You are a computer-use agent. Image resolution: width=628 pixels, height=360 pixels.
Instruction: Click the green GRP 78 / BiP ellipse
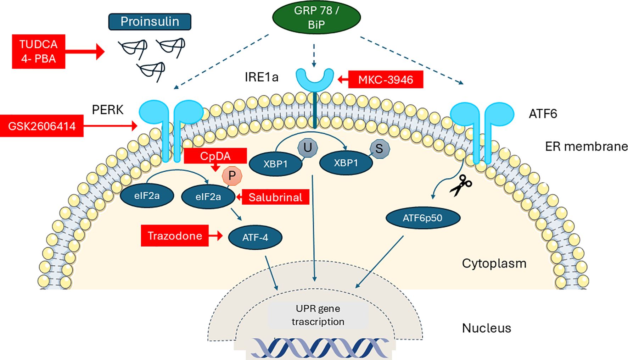click(x=316, y=17)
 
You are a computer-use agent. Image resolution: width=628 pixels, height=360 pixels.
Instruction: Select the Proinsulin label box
click(x=150, y=22)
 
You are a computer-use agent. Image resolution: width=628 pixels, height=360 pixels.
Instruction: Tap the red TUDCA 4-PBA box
click(x=38, y=51)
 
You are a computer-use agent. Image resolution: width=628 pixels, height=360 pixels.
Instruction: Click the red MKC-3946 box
click(x=386, y=79)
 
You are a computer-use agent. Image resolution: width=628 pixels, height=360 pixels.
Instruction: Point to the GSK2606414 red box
click(x=42, y=126)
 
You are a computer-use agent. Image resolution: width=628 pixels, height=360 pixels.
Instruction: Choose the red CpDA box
click(x=215, y=156)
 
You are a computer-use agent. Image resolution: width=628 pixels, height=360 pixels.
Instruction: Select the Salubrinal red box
click(x=275, y=197)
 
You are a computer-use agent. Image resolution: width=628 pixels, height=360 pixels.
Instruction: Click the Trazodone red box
click(x=175, y=236)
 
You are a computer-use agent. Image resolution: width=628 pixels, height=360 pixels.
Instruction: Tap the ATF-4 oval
click(x=255, y=237)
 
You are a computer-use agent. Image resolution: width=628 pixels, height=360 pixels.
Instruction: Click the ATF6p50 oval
click(x=422, y=218)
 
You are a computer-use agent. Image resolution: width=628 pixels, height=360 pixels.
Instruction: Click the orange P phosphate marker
click(x=232, y=176)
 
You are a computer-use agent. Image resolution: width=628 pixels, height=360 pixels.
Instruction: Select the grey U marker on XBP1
click(x=308, y=147)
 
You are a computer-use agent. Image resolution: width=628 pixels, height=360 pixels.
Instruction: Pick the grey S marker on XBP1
click(x=379, y=149)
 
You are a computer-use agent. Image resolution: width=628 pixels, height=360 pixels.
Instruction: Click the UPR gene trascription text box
click(x=318, y=315)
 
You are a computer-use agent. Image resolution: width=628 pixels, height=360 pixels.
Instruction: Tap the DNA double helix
click(x=319, y=348)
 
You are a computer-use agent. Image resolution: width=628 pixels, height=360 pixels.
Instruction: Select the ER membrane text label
click(x=586, y=146)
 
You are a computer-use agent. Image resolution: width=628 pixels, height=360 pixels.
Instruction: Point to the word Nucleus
click(x=486, y=328)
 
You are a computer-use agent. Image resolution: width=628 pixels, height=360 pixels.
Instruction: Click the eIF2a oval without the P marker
click(x=147, y=196)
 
